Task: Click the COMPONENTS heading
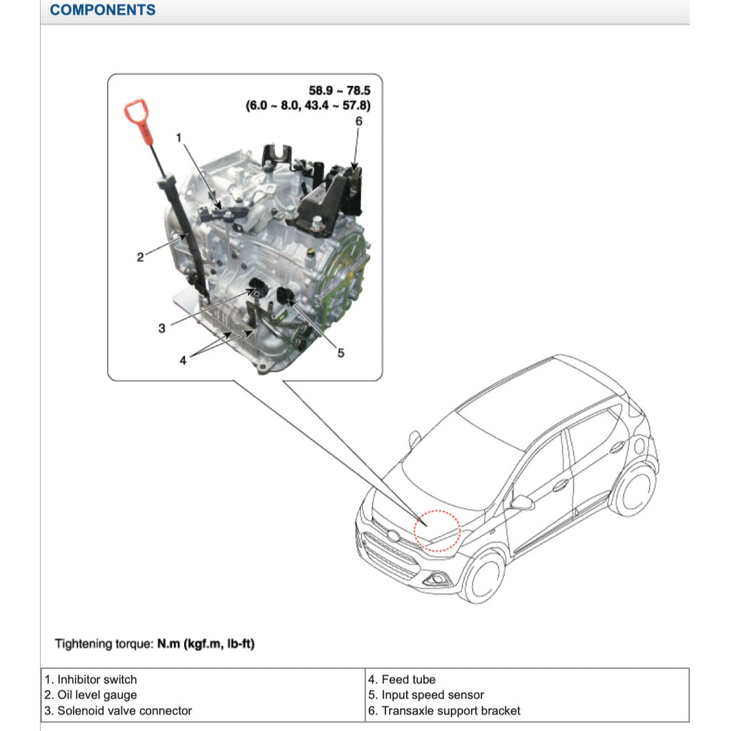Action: pos(103,10)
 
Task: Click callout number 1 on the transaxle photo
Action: pos(180,136)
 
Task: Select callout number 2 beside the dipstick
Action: pos(141,257)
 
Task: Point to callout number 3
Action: pos(162,328)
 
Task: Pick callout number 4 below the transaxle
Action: pos(183,361)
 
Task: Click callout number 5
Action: pos(341,353)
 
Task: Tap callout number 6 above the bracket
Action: pos(359,121)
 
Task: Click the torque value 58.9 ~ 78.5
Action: pos(340,91)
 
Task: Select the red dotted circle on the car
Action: pos(438,529)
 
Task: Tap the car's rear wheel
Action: pos(632,489)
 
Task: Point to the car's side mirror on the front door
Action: pos(523,502)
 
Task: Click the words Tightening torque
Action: pos(104,644)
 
